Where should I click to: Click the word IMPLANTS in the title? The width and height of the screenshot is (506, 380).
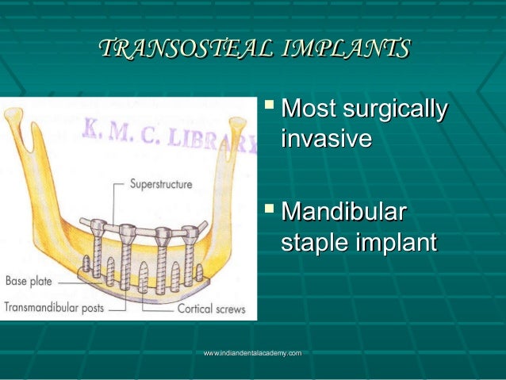tap(344, 49)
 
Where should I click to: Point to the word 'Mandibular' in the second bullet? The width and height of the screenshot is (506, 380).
tap(345, 213)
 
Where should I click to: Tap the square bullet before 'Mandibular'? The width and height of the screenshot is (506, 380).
tap(271, 210)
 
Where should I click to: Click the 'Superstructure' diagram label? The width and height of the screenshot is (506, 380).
tap(161, 184)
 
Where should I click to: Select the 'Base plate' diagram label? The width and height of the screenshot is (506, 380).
tap(31, 280)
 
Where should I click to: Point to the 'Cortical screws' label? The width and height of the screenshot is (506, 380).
tap(210, 309)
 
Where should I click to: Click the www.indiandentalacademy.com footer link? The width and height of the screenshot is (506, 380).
tap(252, 352)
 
